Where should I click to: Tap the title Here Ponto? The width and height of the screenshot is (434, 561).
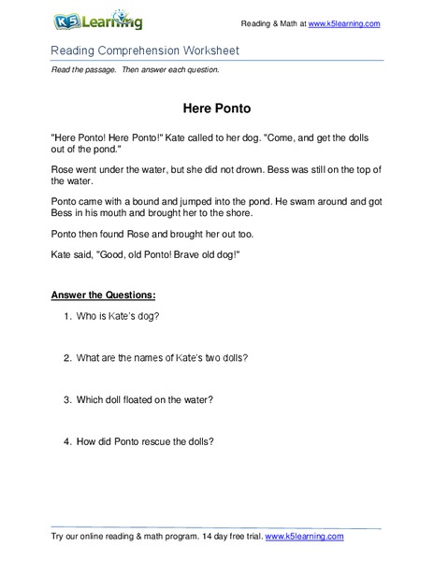(216, 108)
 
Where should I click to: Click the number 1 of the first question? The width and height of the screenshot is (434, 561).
(67, 316)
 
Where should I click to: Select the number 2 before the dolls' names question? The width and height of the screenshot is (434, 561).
(67, 357)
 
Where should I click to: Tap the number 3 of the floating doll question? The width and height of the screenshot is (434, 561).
(67, 400)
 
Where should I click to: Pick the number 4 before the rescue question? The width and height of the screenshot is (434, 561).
(67, 441)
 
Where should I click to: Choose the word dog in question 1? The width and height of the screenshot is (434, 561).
(147, 316)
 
